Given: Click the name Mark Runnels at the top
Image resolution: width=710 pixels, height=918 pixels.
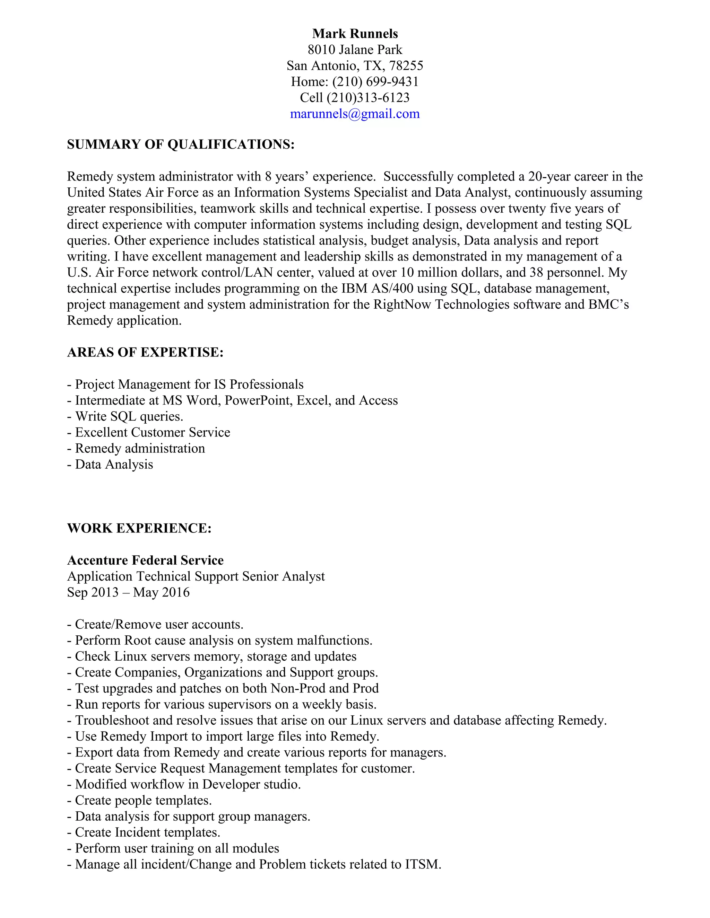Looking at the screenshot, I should (355, 34).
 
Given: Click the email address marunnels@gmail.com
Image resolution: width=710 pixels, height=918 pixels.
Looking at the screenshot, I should (355, 114).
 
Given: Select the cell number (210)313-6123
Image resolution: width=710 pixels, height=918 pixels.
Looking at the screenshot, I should (367, 98).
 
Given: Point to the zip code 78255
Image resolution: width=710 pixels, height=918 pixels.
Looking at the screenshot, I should (406, 65).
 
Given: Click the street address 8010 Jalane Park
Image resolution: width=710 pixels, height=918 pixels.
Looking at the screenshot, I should (355, 50).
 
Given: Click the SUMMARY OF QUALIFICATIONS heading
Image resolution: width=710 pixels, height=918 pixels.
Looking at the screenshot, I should (181, 144).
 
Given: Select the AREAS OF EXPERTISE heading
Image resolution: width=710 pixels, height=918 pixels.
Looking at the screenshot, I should (145, 352).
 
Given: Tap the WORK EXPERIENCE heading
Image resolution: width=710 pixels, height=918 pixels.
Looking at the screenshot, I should (139, 528).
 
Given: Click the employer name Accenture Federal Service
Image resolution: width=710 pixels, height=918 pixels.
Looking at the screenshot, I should (146, 560).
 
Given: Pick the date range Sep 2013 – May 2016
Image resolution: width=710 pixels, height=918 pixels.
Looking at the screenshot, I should (128, 592).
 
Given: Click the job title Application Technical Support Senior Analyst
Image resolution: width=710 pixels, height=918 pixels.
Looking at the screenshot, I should (196, 576).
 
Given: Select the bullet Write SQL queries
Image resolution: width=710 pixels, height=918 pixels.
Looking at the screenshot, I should (129, 416).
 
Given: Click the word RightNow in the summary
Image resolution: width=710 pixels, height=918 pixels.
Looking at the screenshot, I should (402, 304).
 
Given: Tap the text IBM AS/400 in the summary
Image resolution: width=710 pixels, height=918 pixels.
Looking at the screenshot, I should (377, 288).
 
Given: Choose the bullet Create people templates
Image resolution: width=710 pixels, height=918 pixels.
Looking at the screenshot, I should (143, 800).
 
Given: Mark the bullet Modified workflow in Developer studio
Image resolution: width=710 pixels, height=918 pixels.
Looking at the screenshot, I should (188, 784).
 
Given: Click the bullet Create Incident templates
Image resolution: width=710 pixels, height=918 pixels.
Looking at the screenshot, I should (147, 832).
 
